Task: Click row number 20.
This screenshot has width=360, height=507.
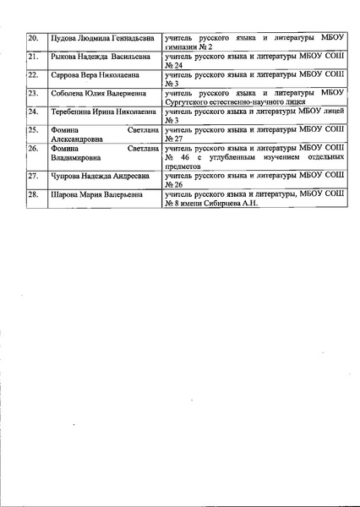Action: point(34,39)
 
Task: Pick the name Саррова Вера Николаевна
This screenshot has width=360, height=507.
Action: point(87,74)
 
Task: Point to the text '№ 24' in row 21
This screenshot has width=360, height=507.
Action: point(175,65)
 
